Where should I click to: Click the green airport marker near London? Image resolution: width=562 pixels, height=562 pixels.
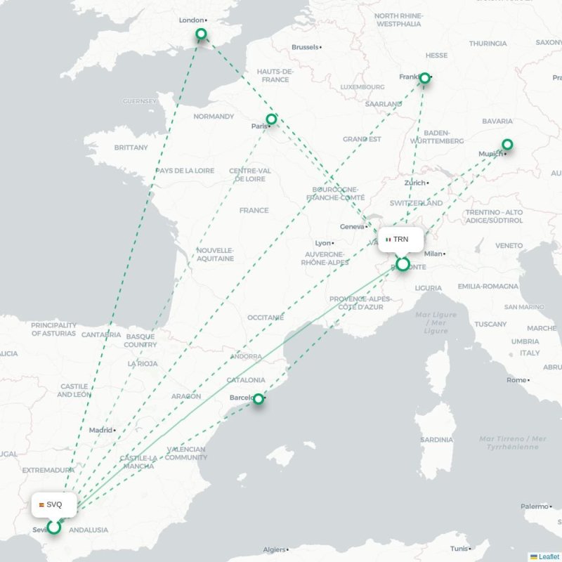click(x=201, y=34)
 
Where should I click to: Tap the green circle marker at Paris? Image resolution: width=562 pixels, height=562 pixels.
click(x=271, y=119)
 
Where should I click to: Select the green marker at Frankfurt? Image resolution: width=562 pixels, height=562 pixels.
click(x=424, y=79)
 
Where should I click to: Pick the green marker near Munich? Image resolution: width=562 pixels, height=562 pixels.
click(x=507, y=145)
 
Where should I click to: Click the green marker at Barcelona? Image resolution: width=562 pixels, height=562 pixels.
click(x=259, y=398)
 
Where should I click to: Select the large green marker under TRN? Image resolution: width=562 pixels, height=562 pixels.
click(x=403, y=264)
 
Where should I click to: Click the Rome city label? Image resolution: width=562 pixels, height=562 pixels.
click(x=516, y=380)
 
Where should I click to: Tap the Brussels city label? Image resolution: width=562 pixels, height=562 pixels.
click(x=305, y=47)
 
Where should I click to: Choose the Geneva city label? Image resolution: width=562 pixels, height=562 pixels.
click(x=352, y=227)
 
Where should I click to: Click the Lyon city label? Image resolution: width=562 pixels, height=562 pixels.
click(x=322, y=243)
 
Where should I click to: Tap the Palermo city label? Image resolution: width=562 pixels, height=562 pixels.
click(x=534, y=506)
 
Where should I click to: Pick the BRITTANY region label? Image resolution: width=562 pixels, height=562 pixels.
click(x=131, y=148)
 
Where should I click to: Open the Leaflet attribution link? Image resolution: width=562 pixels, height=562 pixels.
click(x=548, y=556)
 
